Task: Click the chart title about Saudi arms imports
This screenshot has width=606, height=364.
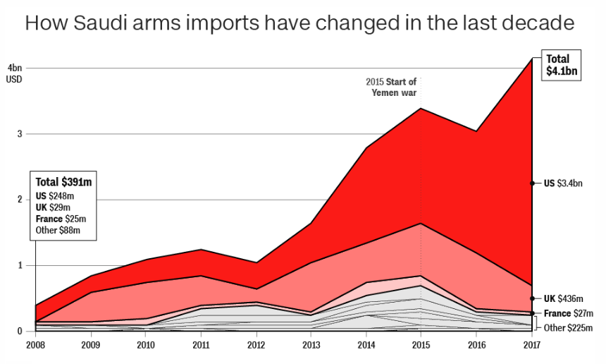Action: coord(299,23)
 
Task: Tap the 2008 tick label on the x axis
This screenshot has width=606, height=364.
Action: coord(35,345)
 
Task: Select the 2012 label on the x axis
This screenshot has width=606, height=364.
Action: coord(256,345)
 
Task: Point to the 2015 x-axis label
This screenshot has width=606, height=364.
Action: coord(421,345)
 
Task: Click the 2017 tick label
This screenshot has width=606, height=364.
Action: coord(531,345)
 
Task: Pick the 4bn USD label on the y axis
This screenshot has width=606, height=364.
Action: coord(14,73)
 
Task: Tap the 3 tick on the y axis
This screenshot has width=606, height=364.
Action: coord(19,134)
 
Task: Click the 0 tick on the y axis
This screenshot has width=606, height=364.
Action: coord(19,332)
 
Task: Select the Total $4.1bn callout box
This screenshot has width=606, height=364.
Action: coord(561,65)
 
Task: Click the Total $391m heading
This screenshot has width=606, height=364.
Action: coord(63,182)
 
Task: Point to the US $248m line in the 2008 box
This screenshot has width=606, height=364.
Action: coord(55,195)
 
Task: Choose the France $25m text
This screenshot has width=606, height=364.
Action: coord(61,219)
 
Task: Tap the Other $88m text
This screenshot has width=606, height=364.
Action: coord(58,231)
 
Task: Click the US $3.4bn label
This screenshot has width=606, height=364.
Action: coord(563,183)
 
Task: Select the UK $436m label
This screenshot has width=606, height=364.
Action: coord(564,298)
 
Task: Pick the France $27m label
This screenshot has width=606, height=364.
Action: coord(569,313)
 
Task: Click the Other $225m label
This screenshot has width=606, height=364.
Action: coord(568,328)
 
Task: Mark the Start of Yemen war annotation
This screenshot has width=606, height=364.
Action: coord(392,87)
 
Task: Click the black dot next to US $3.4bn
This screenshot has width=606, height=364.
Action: coord(532,183)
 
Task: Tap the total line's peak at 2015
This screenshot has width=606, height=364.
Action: coord(421,109)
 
